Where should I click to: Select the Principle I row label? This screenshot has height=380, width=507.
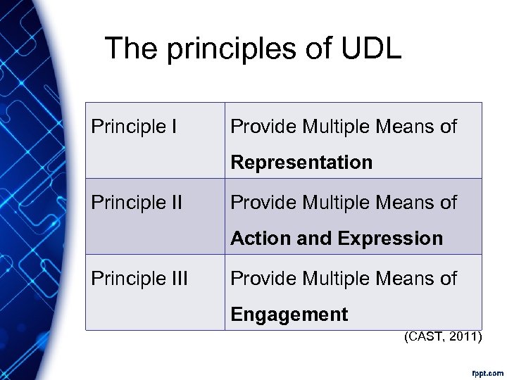[x=133, y=127]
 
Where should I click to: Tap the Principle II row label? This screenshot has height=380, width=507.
[x=137, y=203]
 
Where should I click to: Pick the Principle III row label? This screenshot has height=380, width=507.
[x=139, y=279]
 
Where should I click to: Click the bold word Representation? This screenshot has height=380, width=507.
[x=301, y=163]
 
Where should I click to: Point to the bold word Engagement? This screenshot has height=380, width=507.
[x=289, y=315]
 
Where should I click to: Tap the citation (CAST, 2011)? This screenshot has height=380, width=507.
[x=443, y=338]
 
